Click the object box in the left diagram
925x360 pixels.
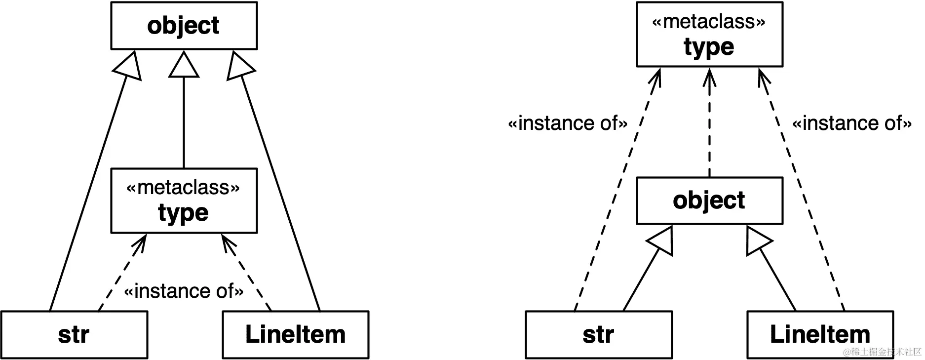pos(184,26)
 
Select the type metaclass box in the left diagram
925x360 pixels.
pos(184,201)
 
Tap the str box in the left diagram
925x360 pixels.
pos(74,334)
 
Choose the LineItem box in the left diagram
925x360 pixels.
pos(295,334)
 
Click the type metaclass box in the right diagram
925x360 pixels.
pos(709,35)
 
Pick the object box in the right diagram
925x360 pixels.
pos(709,200)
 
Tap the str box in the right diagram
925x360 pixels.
pos(598,334)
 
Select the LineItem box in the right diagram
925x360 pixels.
pos(820,334)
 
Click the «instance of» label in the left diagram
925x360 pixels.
pos(184,291)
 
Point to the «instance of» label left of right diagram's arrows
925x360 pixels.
pos(568,123)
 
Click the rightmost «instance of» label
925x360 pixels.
pos(852,123)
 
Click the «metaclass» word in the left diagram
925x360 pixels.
pos(183,188)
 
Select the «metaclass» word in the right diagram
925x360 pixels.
pos(709,22)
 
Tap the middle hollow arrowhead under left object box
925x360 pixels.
pos(184,65)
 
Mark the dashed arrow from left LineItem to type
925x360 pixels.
pos(247,275)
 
